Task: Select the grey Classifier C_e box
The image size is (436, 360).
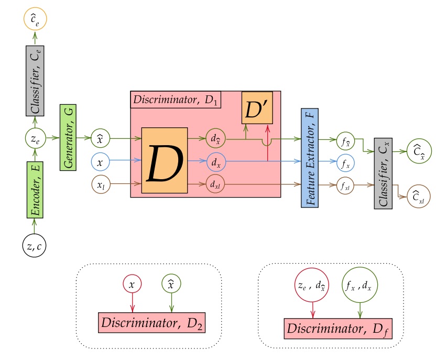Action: point(34,80)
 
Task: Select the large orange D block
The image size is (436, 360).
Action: point(165,160)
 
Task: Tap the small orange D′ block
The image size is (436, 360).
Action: point(257,107)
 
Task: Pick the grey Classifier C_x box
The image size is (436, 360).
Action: point(384,172)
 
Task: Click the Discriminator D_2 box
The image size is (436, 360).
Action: point(151,321)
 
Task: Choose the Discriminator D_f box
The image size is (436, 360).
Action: point(337,328)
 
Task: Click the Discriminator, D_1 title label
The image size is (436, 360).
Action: point(176,100)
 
